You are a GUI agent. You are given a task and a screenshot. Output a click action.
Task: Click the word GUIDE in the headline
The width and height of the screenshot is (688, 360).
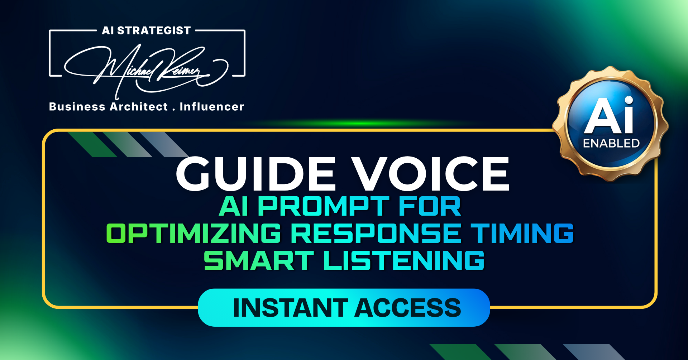click(256, 174)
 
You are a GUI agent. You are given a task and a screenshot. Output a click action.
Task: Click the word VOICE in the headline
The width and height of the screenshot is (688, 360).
click(430, 174)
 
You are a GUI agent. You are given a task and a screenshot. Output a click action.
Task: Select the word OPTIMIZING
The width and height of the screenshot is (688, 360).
click(194, 233)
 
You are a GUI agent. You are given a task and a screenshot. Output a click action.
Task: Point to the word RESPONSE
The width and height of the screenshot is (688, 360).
click(376, 233)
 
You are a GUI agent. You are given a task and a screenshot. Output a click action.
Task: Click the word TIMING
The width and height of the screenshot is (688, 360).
click(522, 233)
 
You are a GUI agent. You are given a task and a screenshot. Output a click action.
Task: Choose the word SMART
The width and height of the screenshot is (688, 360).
click(259, 260)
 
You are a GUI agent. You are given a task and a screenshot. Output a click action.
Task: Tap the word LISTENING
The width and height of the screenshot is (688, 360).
click(404, 260)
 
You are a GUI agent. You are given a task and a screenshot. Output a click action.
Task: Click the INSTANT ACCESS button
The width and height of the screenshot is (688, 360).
click(344, 307)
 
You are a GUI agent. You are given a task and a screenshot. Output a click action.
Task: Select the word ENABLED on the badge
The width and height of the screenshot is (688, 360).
click(611, 143)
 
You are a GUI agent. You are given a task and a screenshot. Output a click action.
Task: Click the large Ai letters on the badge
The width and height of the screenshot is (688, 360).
click(609, 115)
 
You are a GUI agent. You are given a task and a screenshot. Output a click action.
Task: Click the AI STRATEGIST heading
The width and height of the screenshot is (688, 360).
click(146, 30)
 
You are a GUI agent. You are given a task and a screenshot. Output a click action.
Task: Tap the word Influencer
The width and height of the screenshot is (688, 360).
click(212, 107)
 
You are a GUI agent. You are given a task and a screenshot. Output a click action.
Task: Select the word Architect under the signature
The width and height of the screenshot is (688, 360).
click(139, 107)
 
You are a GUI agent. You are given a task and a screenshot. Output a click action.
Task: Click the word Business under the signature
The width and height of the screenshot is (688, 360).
click(77, 107)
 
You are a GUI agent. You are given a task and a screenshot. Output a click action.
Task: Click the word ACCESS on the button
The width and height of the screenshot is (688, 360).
click(408, 308)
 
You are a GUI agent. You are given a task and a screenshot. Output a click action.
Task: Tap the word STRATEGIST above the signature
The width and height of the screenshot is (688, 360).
click(154, 30)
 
